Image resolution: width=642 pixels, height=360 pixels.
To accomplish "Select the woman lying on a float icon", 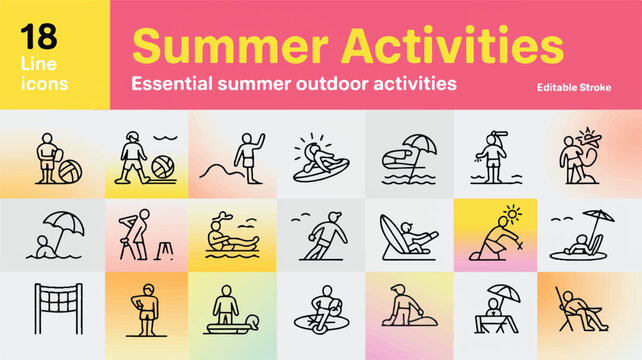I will [x=229, y=236].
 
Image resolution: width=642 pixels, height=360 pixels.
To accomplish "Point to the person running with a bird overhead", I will [x=326, y=236].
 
